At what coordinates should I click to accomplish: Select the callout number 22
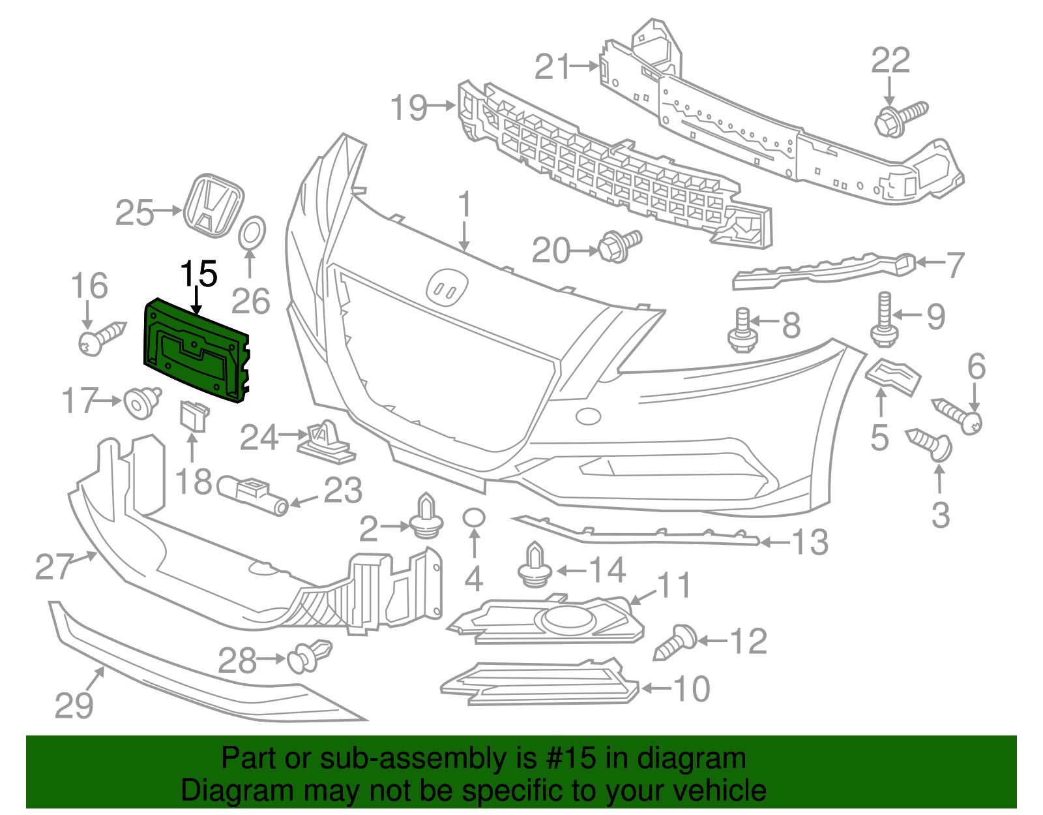[890, 61]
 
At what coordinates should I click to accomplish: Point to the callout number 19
[409, 108]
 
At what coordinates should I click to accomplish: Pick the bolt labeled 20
[619, 245]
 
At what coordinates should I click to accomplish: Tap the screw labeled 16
[102, 337]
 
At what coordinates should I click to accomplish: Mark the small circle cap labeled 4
[474, 518]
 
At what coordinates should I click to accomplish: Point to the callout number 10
[691, 689]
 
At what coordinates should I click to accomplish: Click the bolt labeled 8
[742, 330]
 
